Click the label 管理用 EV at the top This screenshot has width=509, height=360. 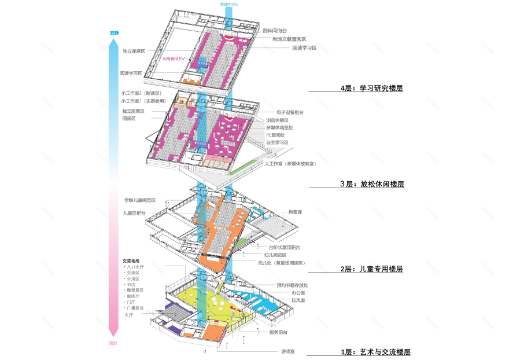228,5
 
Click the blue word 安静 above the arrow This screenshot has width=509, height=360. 114,33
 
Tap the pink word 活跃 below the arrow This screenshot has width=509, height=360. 113,343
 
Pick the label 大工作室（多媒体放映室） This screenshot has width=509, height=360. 290,164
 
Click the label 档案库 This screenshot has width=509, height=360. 295,212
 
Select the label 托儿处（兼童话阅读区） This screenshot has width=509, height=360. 281,262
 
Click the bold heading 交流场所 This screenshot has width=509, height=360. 133,260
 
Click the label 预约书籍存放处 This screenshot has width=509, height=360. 292,285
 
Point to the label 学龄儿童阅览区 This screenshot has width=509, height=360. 139,200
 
